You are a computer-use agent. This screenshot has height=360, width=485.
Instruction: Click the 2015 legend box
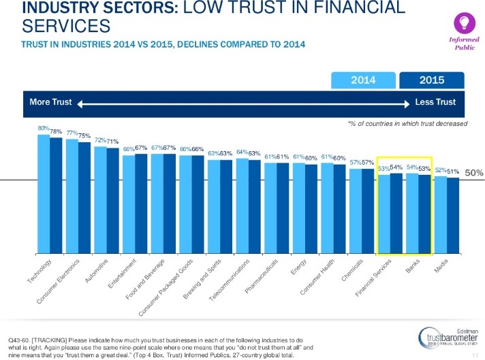[x=432, y=80]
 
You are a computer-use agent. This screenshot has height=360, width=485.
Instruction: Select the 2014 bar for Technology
[x=44, y=194]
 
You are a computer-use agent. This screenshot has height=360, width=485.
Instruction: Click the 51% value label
[x=453, y=171]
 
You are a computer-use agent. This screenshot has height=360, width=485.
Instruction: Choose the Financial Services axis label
[x=371, y=280]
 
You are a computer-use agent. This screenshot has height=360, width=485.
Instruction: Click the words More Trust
[x=51, y=102]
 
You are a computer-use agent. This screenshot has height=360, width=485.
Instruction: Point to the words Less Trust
[x=435, y=102]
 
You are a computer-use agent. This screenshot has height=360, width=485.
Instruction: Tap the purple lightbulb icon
[x=463, y=21]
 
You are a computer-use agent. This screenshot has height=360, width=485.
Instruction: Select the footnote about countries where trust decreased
[x=407, y=123]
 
